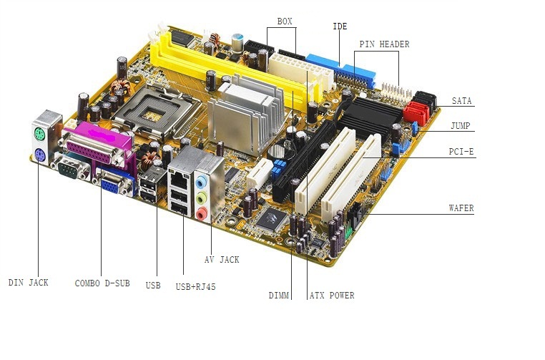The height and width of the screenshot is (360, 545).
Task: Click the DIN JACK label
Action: (x=28, y=283)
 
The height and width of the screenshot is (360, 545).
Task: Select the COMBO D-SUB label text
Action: (x=102, y=283)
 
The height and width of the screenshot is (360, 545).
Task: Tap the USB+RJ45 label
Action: (x=196, y=286)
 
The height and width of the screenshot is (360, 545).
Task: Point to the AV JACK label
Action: (x=222, y=260)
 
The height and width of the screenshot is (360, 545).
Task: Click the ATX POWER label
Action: (x=332, y=296)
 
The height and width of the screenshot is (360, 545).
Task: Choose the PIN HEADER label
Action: (x=384, y=44)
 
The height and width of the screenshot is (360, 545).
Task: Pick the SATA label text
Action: (x=461, y=101)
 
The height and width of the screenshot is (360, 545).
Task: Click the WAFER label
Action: (x=461, y=208)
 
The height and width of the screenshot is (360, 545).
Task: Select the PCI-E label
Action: (x=461, y=151)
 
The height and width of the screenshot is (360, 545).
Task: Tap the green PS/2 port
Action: (x=39, y=134)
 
